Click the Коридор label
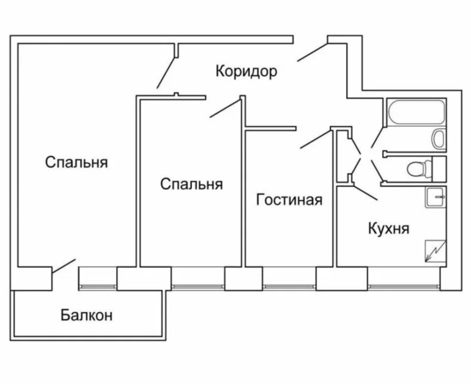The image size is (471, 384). (246, 71)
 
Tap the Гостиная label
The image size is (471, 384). (289, 200)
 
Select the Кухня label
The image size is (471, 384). (388, 229)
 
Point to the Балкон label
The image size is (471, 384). (87, 315)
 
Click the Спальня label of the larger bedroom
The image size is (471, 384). (77, 162)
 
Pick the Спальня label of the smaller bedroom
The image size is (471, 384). (191, 184)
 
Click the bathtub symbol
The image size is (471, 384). (416, 112)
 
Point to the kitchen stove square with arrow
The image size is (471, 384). (436, 251)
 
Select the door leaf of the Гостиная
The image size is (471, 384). (315, 139)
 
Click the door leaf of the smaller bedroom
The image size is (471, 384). (225, 109)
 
